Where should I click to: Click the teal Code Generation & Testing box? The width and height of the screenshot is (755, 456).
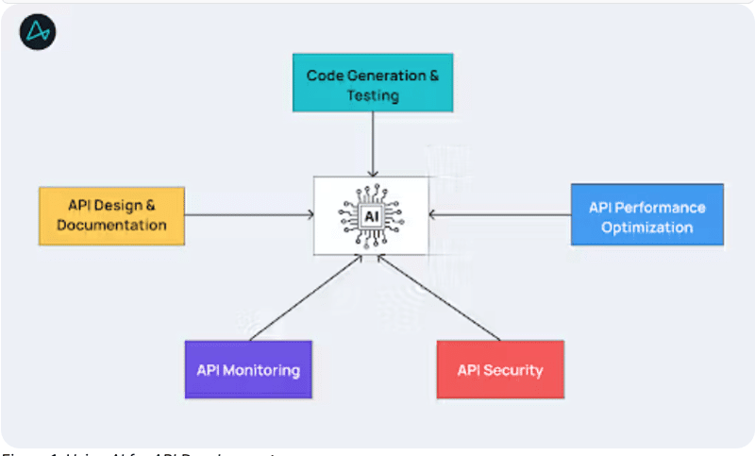(x=372, y=84)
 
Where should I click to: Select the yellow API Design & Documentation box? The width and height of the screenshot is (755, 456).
(x=111, y=215)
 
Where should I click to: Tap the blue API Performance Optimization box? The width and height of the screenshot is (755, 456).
(x=646, y=215)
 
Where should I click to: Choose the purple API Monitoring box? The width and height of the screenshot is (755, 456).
(x=248, y=369)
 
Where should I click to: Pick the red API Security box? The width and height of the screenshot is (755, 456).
(x=500, y=369)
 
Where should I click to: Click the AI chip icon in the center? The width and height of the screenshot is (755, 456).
(x=372, y=215)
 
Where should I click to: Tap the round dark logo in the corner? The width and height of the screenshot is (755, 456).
(x=38, y=32)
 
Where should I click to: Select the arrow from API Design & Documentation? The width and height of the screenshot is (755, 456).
(x=249, y=215)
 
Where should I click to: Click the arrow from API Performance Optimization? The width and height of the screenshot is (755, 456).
(x=500, y=215)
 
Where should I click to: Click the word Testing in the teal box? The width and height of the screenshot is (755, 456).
(x=372, y=95)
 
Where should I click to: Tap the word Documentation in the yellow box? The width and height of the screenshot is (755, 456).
(x=111, y=226)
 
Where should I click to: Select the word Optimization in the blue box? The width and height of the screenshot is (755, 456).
(x=646, y=227)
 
